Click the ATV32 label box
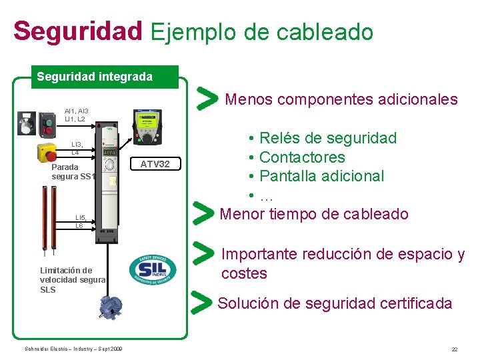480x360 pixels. (155, 164)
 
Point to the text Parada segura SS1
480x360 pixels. (74, 171)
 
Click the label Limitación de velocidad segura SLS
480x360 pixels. (72, 280)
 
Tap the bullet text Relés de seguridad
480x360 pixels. (327, 139)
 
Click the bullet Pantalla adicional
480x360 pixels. (321, 176)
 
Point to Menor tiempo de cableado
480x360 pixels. (313, 214)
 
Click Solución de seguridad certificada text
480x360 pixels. (335, 303)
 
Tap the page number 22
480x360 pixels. (454, 349)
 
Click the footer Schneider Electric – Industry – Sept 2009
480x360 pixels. (73, 349)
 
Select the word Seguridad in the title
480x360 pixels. (77, 31)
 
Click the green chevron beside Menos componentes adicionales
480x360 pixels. (208, 99)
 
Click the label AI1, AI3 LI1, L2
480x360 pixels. (75, 115)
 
